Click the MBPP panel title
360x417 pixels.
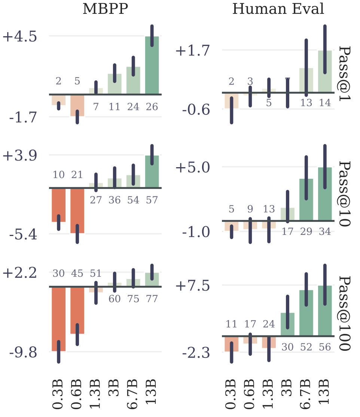106,9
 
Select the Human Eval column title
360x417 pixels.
278,9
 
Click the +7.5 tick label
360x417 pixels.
193,286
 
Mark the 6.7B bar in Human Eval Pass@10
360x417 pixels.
306,199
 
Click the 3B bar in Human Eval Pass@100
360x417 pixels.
287,324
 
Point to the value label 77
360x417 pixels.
152,299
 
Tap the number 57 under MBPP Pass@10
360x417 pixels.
152,200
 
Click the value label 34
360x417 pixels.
325,232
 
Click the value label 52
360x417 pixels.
306,347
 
